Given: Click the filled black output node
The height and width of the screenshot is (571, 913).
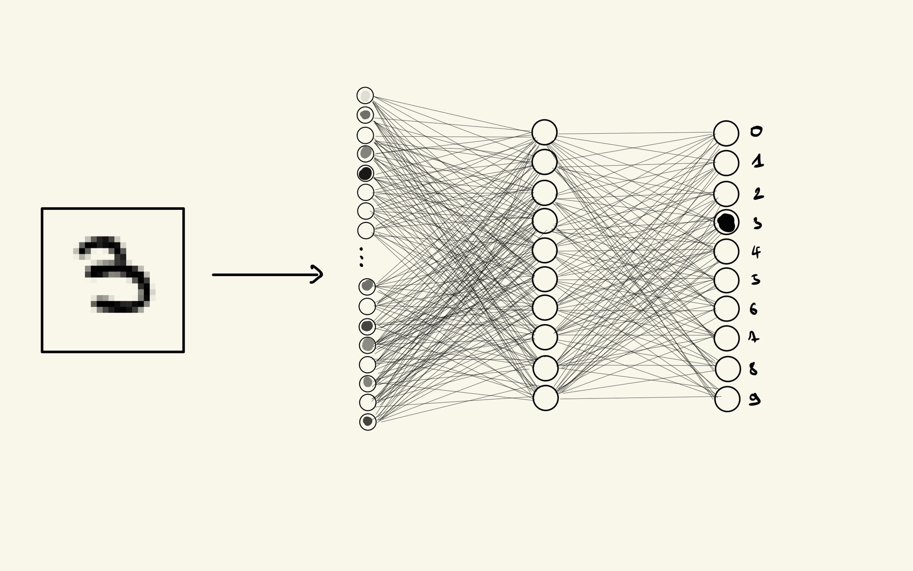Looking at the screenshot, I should pos(726,222).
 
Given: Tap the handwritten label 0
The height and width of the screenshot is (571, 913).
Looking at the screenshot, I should pos(756,132).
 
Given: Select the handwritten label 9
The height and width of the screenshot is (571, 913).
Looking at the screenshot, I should pos(754,399).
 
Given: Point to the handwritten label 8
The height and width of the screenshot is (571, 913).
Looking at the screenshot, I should pos(753,369).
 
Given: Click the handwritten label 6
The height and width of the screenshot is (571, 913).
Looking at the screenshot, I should pos(754,309).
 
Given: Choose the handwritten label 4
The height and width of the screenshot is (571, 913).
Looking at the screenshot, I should pos(756,252).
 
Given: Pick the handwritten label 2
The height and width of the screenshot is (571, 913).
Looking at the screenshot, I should pos(758,194).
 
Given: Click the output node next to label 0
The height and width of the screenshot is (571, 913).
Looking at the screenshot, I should pos(726,133).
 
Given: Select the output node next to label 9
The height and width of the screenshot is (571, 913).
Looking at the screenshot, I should pos(727,399).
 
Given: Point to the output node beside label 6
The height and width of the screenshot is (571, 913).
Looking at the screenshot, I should pos(727,309).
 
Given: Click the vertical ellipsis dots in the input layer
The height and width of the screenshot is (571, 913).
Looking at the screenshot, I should pos(361,257).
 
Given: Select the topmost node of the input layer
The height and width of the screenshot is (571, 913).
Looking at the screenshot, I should pos(365,96).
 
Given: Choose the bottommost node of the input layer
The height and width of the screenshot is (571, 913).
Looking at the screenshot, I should pos(368,422).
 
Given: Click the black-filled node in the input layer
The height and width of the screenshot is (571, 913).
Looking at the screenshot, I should pos(365,173).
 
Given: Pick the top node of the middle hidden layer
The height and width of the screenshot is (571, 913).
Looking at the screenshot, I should pos(544,132).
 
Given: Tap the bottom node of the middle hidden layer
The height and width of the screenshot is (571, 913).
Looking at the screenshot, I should pos(545,398).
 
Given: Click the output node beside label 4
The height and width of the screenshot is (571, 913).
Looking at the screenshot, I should pos(727,251).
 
